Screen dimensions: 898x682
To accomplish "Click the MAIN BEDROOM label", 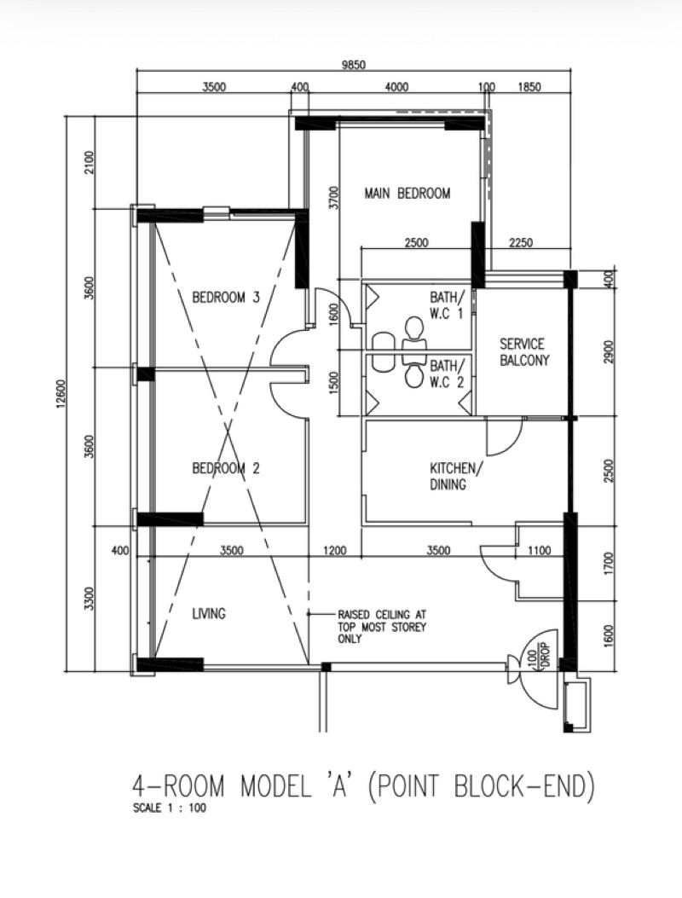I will click(407, 194).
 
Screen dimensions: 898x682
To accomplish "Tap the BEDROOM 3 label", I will click(225, 298).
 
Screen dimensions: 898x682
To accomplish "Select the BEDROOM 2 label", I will click(225, 468).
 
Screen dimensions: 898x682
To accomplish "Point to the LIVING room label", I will click(209, 613).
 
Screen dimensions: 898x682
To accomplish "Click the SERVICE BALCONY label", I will click(522, 352).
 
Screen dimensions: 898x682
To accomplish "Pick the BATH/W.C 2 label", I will click(448, 374).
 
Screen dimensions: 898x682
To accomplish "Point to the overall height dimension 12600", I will click(57, 397).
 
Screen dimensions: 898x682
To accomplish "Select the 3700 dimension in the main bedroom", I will click(334, 198).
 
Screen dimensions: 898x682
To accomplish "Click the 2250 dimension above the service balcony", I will click(519, 243).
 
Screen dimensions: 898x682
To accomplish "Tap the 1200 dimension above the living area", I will click(334, 551).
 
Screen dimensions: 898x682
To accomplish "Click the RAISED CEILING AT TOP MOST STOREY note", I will click(381, 626).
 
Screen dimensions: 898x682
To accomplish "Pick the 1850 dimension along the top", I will click(530, 87).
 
